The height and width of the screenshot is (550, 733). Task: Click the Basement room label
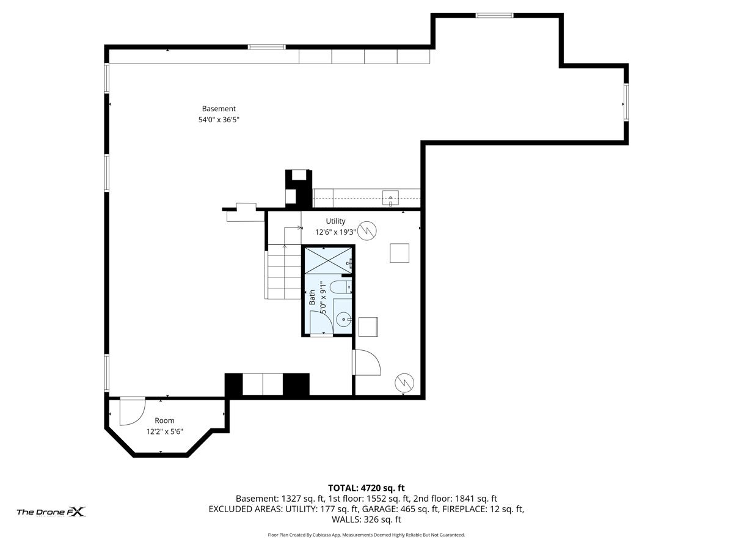click(x=219, y=109)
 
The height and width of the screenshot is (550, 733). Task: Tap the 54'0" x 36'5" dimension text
click(x=219, y=120)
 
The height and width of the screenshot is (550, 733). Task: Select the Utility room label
click(x=335, y=221)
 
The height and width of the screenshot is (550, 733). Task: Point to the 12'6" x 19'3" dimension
click(x=335, y=232)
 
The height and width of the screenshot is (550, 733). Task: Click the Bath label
click(x=312, y=297)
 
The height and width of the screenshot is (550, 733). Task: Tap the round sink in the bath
click(x=343, y=320)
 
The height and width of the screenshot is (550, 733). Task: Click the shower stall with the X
click(x=328, y=260)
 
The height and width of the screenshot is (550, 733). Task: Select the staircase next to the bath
click(x=283, y=271)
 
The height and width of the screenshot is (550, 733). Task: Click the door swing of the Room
click(x=132, y=412)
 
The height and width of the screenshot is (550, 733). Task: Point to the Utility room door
click(x=366, y=362)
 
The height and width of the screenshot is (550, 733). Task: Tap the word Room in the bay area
click(x=164, y=420)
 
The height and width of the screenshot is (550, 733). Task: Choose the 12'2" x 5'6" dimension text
click(x=164, y=431)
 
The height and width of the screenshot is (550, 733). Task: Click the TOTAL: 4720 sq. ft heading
click(x=366, y=488)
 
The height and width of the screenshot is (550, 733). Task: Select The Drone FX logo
click(x=51, y=512)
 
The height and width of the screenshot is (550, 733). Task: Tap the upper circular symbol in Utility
click(x=367, y=230)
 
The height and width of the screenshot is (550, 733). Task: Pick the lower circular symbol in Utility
click(x=404, y=383)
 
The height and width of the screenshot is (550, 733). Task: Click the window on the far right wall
click(x=626, y=102)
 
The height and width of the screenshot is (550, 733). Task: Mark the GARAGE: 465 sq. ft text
click(x=400, y=509)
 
